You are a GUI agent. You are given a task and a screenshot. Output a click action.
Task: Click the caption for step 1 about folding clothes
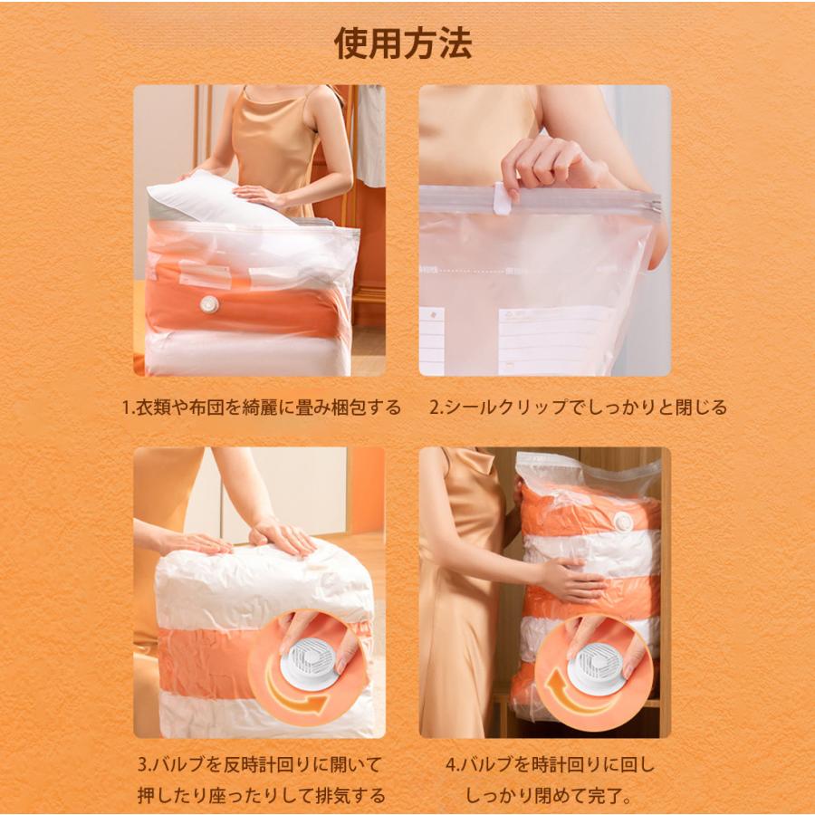(x=261, y=407)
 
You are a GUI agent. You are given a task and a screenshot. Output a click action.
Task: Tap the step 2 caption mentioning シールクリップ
(x=578, y=407)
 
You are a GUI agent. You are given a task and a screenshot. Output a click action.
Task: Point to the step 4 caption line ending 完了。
(x=549, y=796)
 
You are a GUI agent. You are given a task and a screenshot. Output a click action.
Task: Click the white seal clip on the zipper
(x=502, y=198)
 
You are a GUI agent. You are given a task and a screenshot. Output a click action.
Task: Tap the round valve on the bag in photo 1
(x=210, y=304)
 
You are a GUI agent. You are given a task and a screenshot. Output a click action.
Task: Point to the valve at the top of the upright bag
(x=623, y=521)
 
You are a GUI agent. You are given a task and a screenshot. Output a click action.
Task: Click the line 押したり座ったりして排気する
(x=261, y=796)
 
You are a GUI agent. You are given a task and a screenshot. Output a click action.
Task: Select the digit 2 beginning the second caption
(x=435, y=407)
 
